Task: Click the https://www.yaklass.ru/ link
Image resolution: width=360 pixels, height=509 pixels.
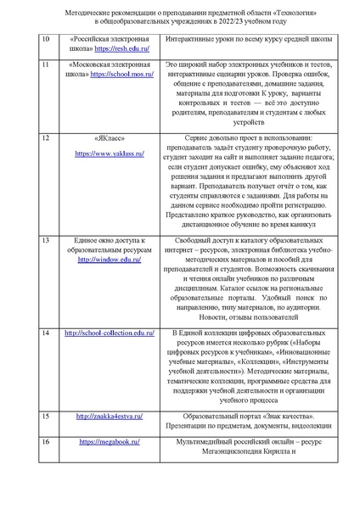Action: [x=110, y=154]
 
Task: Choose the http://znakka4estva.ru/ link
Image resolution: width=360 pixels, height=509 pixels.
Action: [x=110, y=417]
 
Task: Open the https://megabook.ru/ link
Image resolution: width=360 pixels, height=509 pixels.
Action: [x=110, y=442]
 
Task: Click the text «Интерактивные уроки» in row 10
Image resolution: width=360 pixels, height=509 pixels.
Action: [x=198, y=39]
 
